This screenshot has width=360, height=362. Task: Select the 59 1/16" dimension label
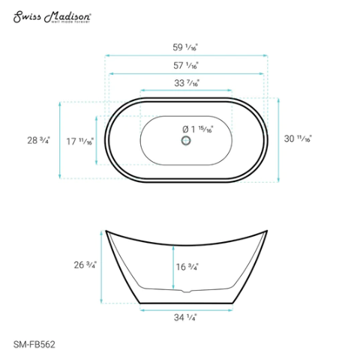click(185, 46)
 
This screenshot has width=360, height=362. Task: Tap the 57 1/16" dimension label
click(185, 65)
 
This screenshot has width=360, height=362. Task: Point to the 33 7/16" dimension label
click(185, 83)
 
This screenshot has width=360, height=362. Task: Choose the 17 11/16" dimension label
click(79, 140)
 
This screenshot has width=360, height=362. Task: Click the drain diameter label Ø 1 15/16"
click(199, 130)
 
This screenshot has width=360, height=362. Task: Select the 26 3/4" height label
click(85, 265)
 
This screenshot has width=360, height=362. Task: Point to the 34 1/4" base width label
click(185, 317)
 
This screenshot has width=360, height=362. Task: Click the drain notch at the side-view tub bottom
click(185, 289)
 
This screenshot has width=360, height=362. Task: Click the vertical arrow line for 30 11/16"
click(278, 139)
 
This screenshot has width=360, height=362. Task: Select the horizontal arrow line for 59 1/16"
click(185, 55)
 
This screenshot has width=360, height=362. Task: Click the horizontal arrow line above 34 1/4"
click(185, 307)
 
